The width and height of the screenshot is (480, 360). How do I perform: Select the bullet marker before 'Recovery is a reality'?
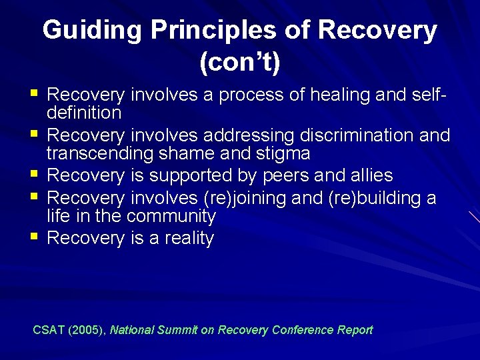tap(35, 236)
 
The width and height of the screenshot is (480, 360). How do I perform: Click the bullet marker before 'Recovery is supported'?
tap(35, 174)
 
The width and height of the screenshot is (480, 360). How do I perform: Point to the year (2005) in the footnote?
tap(88, 329)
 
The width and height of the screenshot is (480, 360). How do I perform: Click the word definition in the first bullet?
tap(84, 113)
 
